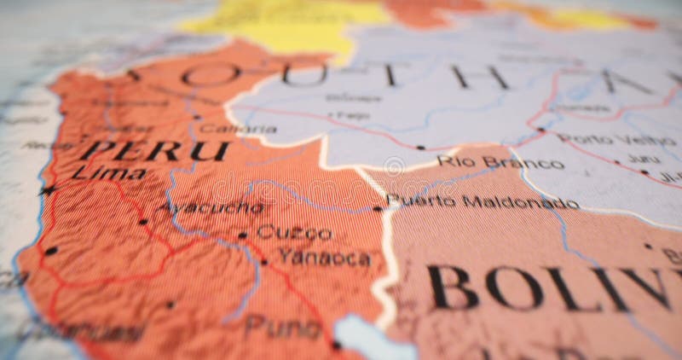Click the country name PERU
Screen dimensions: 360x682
(159, 151)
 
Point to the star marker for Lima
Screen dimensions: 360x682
(48, 189)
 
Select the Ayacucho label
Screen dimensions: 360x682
(210, 207)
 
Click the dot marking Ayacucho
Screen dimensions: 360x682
(142, 222)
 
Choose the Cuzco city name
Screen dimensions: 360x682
(294, 232)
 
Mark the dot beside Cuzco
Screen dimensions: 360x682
(242, 235)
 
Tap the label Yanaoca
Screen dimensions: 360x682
(324, 258)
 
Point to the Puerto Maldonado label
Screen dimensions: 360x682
(483, 202)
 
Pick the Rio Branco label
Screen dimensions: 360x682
(500, 162)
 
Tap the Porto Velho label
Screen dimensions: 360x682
(605, 139)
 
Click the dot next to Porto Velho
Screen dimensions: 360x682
(540, 131)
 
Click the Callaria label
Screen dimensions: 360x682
(228, 129)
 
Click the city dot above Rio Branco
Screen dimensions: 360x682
(419, 148)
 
